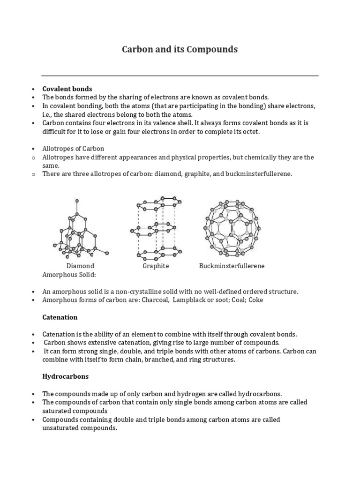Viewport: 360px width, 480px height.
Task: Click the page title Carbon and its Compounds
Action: click(180, 49)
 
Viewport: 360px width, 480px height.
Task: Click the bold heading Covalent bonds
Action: click(67, 89)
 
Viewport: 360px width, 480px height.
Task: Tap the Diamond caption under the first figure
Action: click(80, 266)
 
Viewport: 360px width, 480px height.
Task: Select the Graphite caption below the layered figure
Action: click(156, 266)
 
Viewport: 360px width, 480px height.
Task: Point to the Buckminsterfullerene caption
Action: click(232, 266)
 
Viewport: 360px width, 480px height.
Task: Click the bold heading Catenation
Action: click(60, 317)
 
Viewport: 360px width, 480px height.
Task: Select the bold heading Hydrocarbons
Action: click(65, 376)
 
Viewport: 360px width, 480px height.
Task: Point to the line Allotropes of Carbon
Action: click(73, 149)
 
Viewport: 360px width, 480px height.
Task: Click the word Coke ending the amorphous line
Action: click(256, 300)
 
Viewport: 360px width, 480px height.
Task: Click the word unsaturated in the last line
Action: click(60, 428)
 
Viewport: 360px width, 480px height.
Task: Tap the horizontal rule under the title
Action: click(180, 75)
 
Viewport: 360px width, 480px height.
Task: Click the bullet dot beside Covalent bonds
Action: click(34, 89)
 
